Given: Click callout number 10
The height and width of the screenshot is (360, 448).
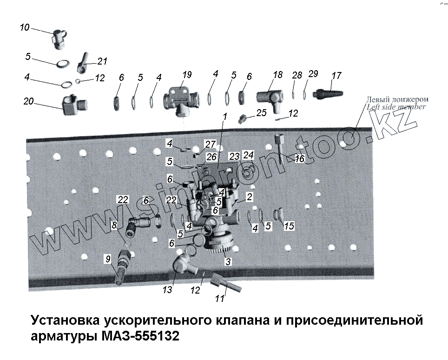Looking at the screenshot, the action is click(x=25, y=28).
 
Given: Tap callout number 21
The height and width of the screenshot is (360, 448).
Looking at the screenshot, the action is click(x=102, y=61).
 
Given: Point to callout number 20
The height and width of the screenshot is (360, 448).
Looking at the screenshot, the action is click(x=29, y=101).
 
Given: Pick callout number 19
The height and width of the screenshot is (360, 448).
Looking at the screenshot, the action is click(x=186, y=74).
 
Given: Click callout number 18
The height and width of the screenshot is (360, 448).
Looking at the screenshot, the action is click(x=277, y=74).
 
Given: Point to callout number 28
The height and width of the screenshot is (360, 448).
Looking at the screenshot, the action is click(x=297, y=75).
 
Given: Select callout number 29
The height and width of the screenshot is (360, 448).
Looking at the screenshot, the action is click(x=313, y=74).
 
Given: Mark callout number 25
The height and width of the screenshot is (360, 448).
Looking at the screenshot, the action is click(x=261, y=112).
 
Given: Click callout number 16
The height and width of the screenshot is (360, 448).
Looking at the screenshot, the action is click(x=299, y=158).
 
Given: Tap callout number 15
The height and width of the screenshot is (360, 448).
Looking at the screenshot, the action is click(x=289, y=226).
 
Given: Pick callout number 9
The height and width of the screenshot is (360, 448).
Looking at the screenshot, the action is click(x=107, y=260).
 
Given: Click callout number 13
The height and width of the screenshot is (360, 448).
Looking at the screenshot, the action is click(x=168, y=290).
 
